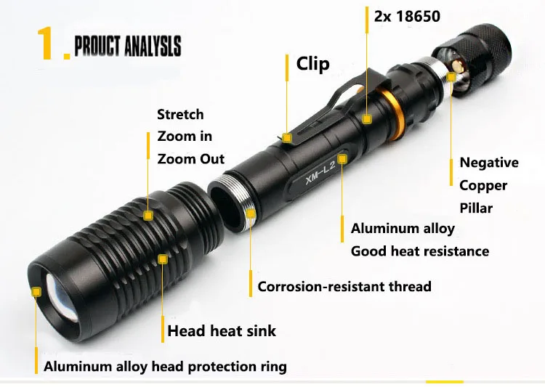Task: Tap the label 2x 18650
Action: point(407,16)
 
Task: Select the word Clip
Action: point(312,64)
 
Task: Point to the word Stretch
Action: point(180,115)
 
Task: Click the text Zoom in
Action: point(185,137)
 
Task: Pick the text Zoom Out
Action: point(191,159)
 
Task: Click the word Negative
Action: point(489,163)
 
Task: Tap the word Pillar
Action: point(476,208)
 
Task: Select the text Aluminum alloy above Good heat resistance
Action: point(403,229)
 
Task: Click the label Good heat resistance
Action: point(419,251)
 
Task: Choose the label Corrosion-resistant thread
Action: point(344,287)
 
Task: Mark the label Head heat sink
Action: point(222,331)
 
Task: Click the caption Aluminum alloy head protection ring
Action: point(165,366)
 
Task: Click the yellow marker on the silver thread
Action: point(251,212)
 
